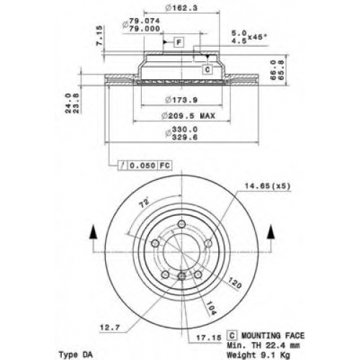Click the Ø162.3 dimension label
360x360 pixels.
coord(181,8)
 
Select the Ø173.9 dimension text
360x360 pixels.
coord(181,99)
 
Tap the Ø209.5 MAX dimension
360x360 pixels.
coord(188,116)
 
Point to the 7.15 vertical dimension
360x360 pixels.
coord(99,35)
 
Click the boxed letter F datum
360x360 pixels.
coord(179,42)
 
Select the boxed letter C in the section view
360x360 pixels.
coord(207,69)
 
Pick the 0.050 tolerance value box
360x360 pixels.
coord(143,166)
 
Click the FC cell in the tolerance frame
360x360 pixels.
coord(165,166)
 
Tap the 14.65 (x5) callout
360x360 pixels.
coord(267,186)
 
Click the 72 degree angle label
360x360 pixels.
coord(145,204)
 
